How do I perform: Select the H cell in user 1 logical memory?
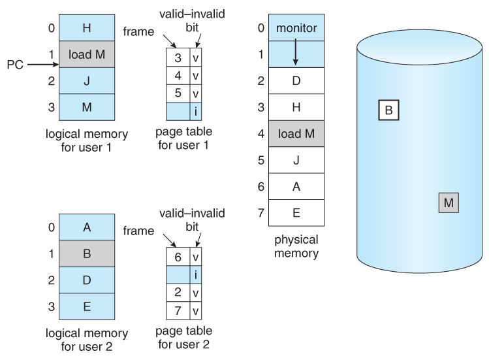(87, 27)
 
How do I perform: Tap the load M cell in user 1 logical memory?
(87, 55)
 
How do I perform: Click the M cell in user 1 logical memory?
(87, 107)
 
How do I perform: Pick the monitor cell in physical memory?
(296, 27)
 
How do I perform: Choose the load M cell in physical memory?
(296, 134)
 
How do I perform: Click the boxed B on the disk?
(388, 110)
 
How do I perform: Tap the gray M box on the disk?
(448, 203)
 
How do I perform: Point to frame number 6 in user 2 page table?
(178, 257)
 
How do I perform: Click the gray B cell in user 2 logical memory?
(87, 254)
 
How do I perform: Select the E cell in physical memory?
(296, 212)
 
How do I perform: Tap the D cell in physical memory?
(296, 81)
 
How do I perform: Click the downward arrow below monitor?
(295, 53)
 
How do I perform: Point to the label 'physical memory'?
(296, 246)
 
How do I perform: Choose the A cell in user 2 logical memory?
(87, 227)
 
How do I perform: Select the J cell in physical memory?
(296, 159)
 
